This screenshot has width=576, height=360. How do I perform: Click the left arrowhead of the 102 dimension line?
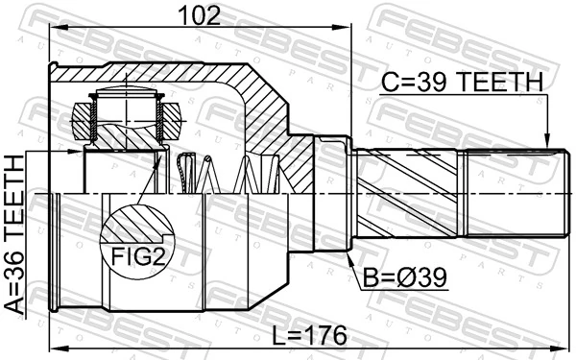pos(54,28)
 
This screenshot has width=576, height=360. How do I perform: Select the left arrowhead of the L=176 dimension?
pos(54,348)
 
